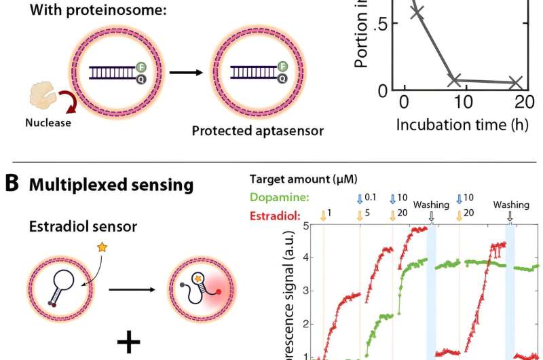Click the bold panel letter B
pos(12,185)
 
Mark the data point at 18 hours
pos(515,83)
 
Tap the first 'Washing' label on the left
pos(432,203)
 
